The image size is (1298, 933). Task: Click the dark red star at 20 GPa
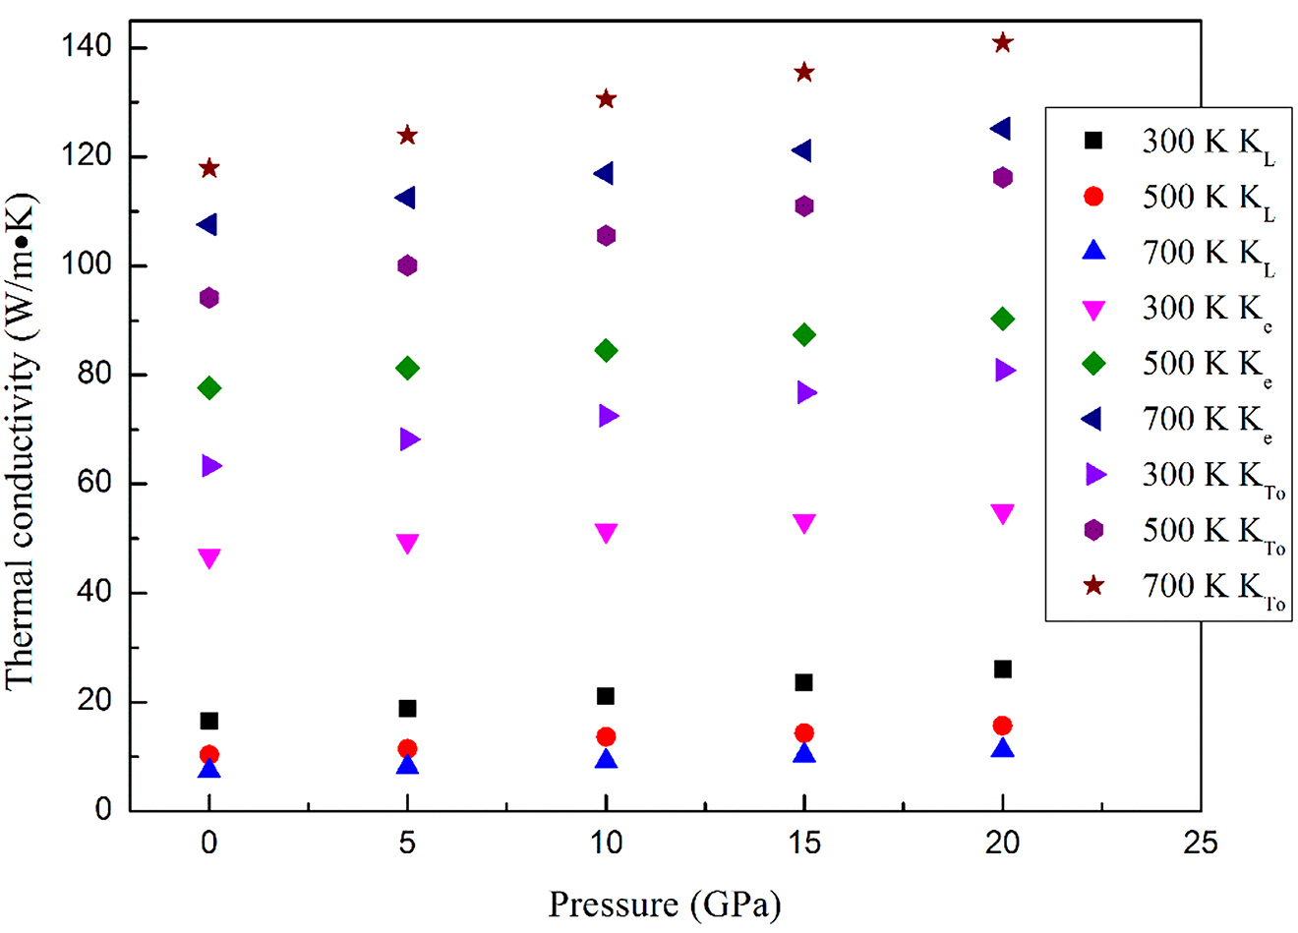tap(1002, 42)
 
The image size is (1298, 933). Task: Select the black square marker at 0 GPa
tap(208, 721)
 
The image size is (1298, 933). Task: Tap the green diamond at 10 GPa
tap(606, 351)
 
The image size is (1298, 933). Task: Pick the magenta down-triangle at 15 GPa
tap(804, 523)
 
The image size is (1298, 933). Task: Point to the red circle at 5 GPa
tap(407, 749)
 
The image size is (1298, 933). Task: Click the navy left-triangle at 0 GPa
tap(207, 225)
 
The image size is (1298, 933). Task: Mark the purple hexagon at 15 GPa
tap(804, 206)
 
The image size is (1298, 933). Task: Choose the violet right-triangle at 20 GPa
tap(1004, 371)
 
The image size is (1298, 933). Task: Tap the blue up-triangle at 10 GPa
tap(606, 759)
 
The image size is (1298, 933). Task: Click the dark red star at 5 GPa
tap(407, 135)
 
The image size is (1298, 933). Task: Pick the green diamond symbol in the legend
tap(1093, 364)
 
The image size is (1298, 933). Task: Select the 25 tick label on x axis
tap(1201, 844)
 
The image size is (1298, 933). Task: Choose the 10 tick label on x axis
tap(606, 844)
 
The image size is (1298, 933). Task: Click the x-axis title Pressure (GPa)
tap(664, 904)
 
